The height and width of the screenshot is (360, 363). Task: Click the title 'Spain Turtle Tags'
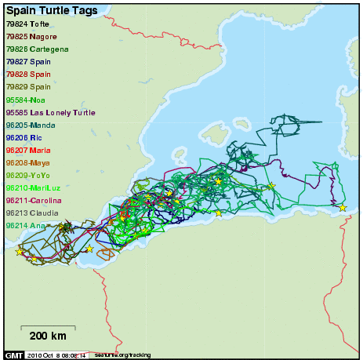click(52, 11)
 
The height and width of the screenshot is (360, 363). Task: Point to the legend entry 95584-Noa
click(26, 100)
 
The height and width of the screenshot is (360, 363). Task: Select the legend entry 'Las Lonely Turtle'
click(50, 112)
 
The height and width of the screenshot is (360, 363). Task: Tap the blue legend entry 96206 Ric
click(24, 137)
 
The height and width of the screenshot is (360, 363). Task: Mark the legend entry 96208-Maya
click(28, 162)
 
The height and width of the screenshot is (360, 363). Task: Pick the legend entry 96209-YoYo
click(28, 175)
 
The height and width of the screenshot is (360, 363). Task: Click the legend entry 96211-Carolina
click(34, 200)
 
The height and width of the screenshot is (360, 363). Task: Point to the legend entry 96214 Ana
click(25, 225)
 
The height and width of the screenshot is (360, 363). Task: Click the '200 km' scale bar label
click(48, 336)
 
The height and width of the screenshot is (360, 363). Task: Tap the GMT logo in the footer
click(14, 355)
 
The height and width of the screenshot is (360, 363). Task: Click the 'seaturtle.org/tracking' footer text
click(122, 355)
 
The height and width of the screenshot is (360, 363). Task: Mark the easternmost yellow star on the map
click(343, 207)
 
